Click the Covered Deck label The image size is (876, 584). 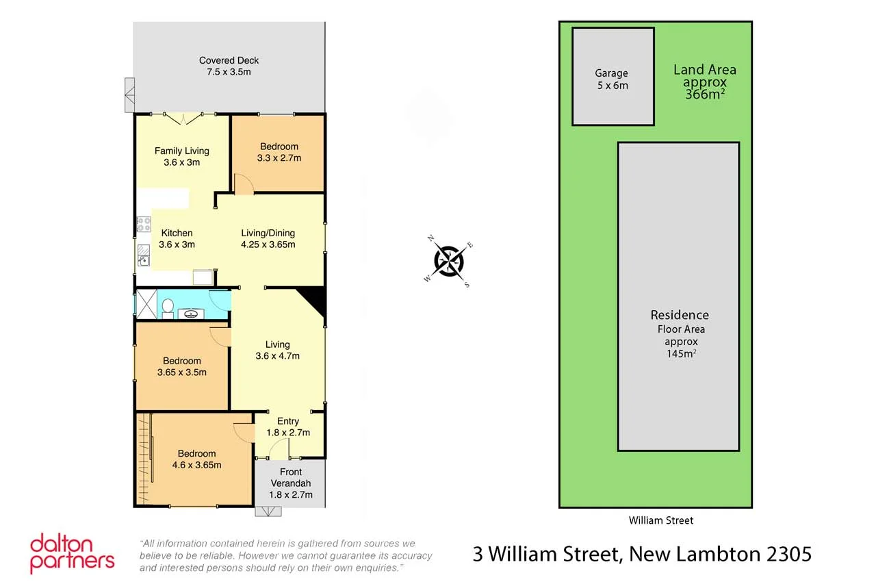point(229,66)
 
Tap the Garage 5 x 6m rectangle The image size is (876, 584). point(613,77)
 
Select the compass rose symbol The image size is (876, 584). point(449,261)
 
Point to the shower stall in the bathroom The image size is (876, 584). point(146,303)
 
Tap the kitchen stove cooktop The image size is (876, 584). point(143,224)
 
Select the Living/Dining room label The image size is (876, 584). point(268,238)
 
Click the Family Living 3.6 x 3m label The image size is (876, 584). point(181,156)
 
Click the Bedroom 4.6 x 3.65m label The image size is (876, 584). point(196,459)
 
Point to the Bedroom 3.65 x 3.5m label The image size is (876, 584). point(182,366)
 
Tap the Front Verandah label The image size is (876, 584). point(290,483)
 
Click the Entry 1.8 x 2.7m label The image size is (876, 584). point(288,427)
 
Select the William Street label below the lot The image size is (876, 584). point(660,520)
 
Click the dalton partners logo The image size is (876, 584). point(71,553)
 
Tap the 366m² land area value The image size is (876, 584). point(705,95)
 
